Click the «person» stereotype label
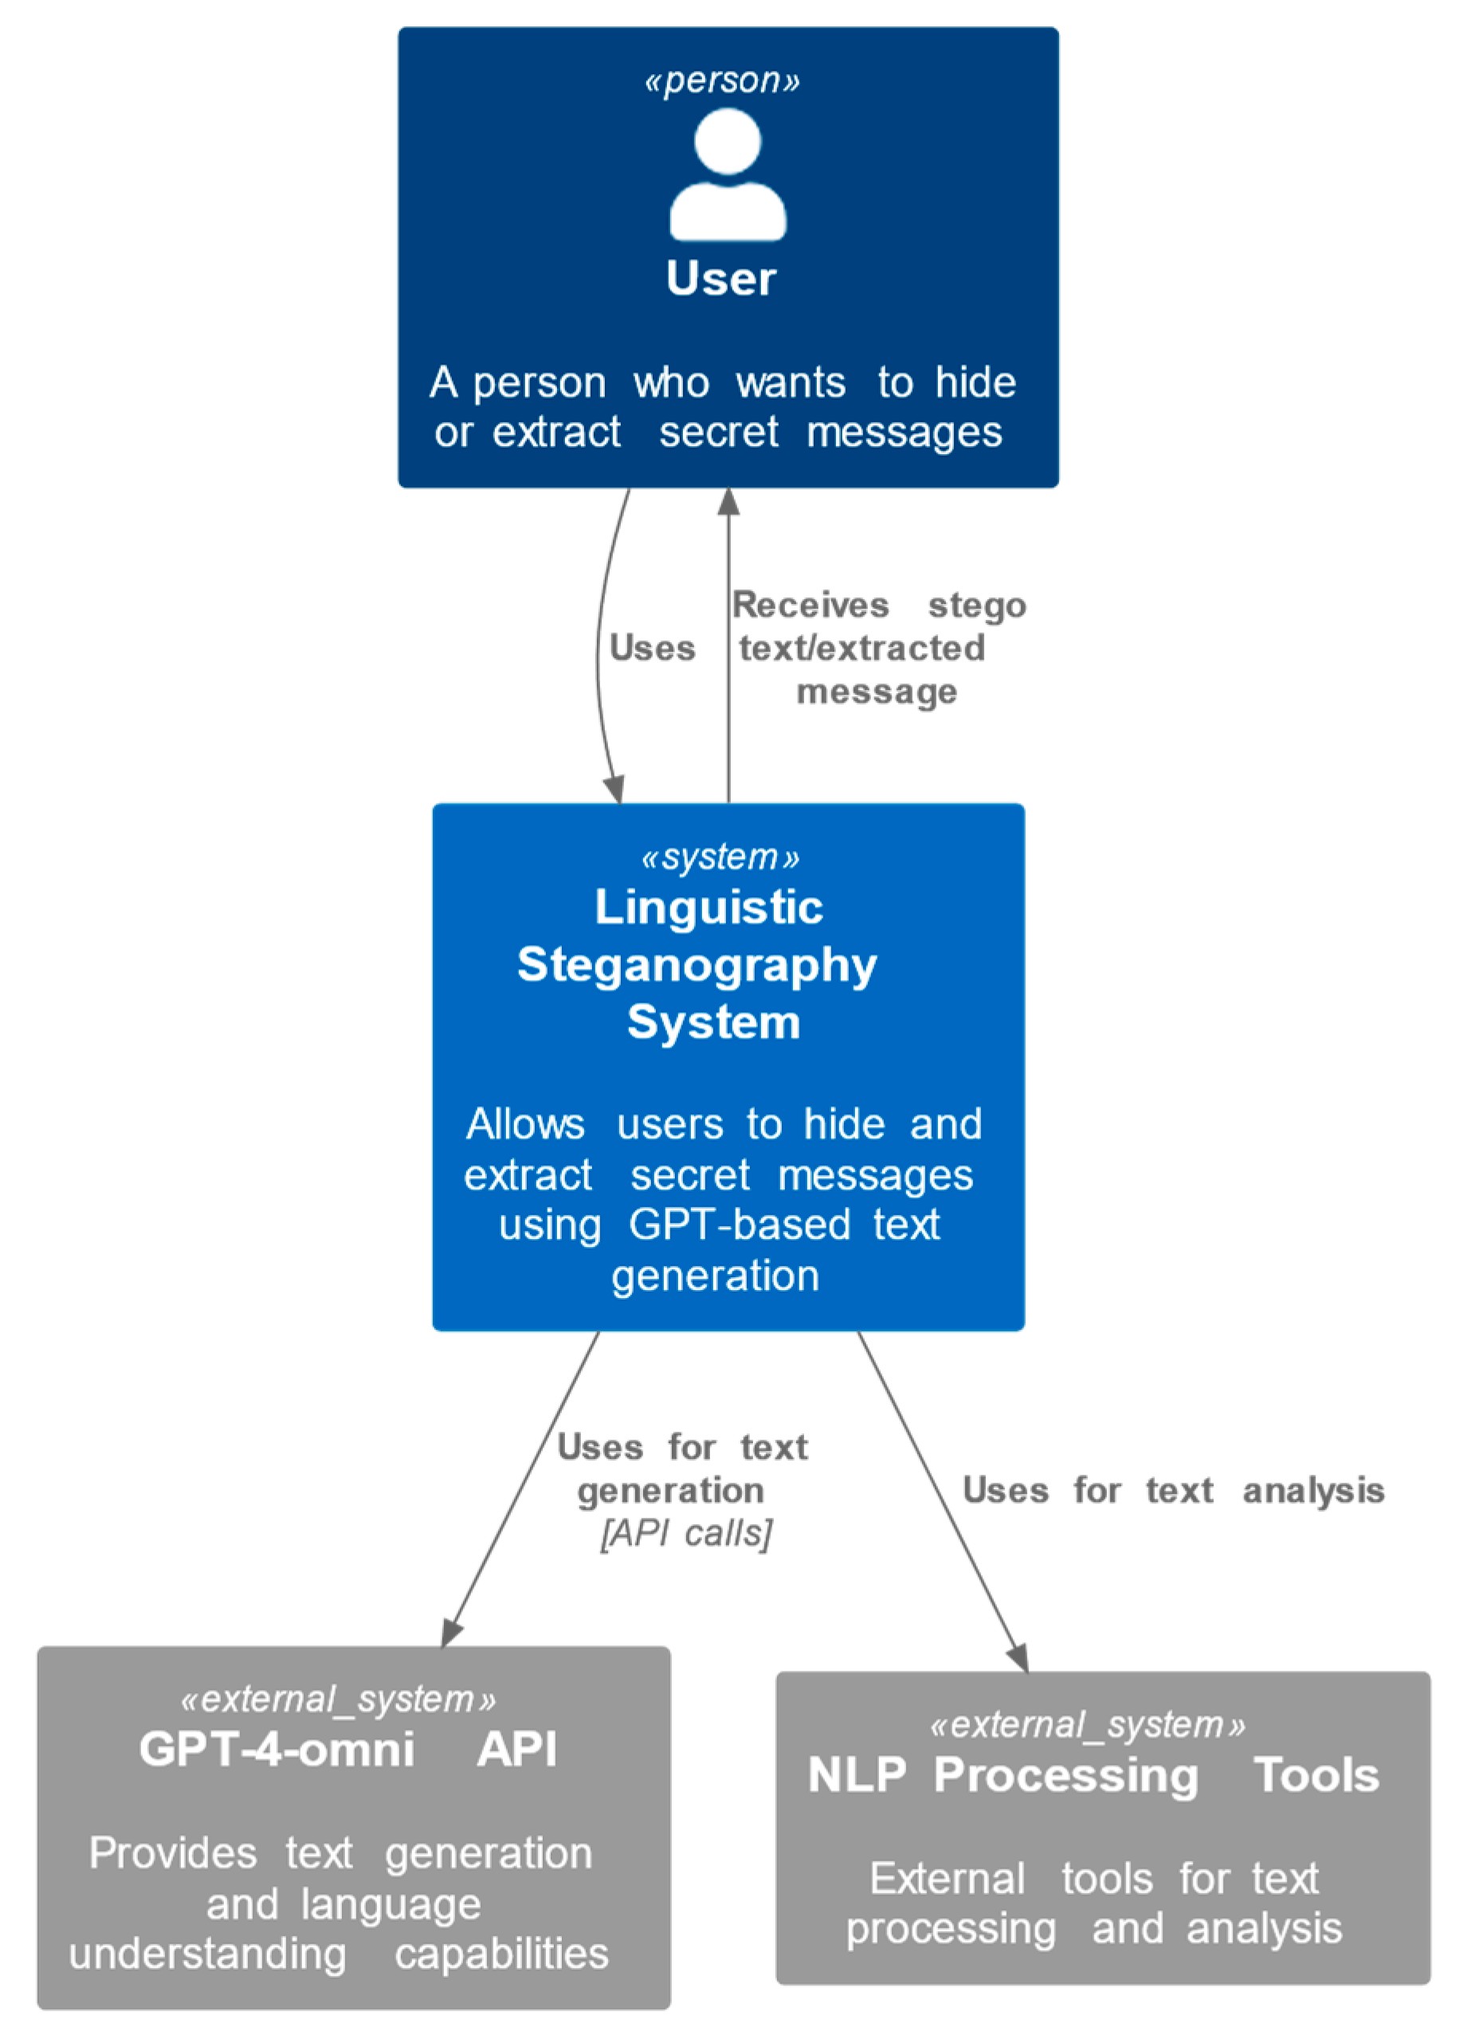pos(721,80)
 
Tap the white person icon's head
pos(727,141)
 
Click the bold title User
pos(720,278)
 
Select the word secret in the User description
pos(718,433)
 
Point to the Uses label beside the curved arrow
pos(652,648)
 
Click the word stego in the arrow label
pos(976,606)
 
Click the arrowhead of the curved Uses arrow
pos(614,790)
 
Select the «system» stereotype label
pos(720,857)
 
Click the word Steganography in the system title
pos(696,966)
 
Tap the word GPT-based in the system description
pos(739,1225)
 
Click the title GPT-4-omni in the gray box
pos(277,1750)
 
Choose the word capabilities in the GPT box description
pos(500,1955)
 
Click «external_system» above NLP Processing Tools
pos(1087,1724)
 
